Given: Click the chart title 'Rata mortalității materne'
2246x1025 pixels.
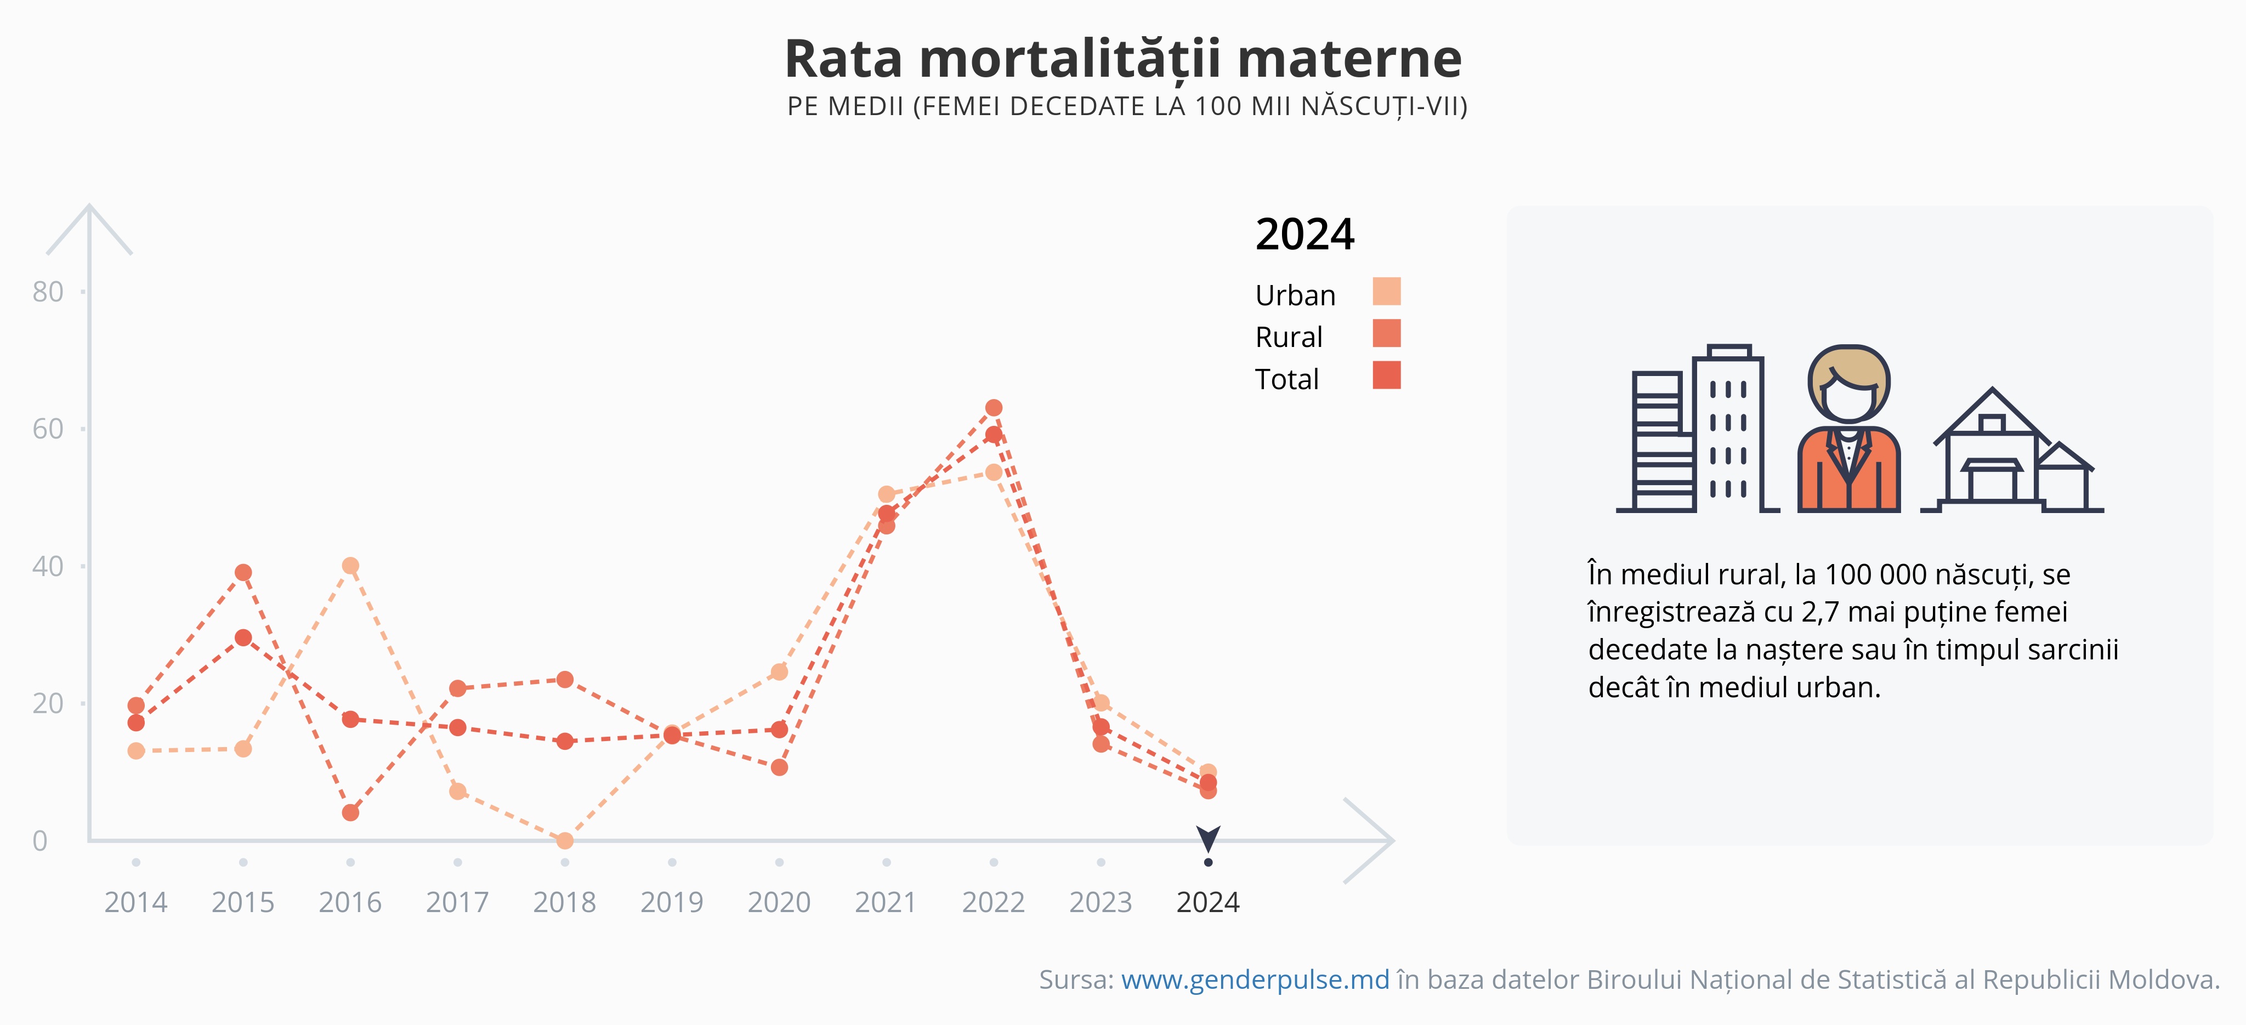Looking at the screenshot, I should pyautogui.click(x=1123, y=59).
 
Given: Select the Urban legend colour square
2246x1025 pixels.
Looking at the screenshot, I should pyautogui.click(x=1386, y=291).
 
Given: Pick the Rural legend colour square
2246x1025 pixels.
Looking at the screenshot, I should pyautogui.click(x=1386, y=333).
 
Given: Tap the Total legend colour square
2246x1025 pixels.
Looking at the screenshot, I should pyautogui.click(x=1386, y=375).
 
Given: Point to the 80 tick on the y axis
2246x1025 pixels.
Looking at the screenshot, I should pyautogui.click(x=48, y=292).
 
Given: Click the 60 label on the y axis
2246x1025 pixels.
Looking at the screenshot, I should pyautogui.click(x=48, y=429).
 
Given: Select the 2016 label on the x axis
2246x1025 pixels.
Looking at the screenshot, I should pyautogui.click(x=350, y=902).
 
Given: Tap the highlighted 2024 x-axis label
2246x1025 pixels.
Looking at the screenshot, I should pyautogui.click(x=1207, y=902).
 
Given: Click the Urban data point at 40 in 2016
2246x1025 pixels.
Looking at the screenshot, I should pyautogui.click(x=350, y=566).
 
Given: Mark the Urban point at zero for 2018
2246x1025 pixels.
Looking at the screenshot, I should pyautogui.click(x=565, y=840).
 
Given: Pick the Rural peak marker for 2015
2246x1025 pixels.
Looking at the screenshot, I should pyautogui.click(x=243, y=573).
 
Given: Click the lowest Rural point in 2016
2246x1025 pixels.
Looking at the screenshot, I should pyautogui.click(x=350, y=812).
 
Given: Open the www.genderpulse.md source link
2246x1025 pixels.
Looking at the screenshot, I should pyautogui.click(x=1255, y=980).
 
